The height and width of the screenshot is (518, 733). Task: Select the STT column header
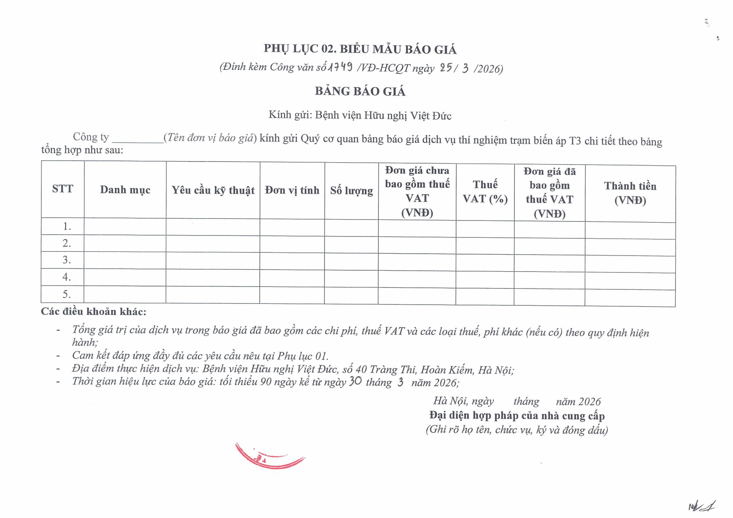tap(63, 189)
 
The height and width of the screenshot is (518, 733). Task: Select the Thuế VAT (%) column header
tap(485, 192)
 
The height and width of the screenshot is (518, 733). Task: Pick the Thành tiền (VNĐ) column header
tap(630, 193)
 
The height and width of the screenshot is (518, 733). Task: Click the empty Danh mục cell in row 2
tap(125, 244)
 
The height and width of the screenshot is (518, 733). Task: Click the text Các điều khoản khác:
tap(94, 312)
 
